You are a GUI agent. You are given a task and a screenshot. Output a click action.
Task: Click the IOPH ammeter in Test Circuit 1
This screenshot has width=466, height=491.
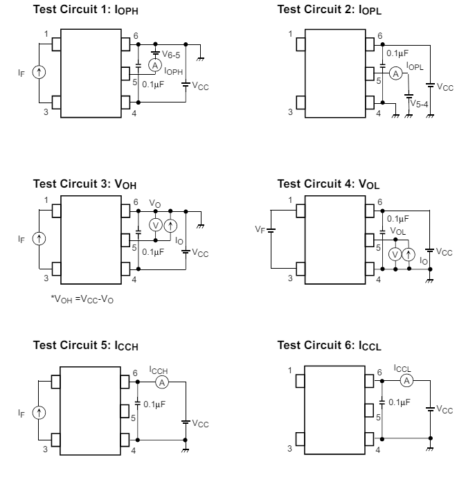(155, 66)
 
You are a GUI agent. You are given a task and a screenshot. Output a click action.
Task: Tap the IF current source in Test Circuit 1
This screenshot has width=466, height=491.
(39, 72)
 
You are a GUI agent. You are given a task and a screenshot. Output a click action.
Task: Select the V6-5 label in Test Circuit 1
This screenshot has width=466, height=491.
(171, 55)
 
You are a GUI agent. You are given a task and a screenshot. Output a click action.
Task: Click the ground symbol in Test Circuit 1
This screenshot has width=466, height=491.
(200, 59)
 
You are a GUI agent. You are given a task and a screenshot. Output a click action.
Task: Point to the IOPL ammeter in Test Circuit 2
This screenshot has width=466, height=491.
(396, 73)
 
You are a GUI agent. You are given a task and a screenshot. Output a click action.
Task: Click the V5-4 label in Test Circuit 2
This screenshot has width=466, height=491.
(419, 104)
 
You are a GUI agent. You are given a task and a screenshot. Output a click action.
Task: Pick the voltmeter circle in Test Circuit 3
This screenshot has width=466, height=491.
(155, 225)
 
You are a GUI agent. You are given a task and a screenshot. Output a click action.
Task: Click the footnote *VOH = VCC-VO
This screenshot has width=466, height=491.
(82, 299)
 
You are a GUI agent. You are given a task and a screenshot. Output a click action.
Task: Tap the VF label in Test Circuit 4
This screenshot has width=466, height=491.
(260, 229)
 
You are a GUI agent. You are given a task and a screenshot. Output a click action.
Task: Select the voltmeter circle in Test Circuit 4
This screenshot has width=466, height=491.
(395, 254)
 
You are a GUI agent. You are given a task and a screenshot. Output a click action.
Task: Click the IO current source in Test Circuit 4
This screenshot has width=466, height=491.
(409, 254)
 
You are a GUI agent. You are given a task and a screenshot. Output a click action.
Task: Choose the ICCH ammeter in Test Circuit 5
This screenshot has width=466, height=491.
(162, 382)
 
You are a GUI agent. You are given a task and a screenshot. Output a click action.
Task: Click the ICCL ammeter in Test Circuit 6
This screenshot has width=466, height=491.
(406, 381)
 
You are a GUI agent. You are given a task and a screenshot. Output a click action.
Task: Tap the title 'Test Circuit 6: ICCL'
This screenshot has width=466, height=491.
(329, 346)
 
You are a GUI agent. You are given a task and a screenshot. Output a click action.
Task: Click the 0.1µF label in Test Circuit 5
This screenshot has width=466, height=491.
(154, 404)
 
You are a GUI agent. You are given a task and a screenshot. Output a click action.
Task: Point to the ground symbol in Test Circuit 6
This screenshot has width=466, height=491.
(430, 449)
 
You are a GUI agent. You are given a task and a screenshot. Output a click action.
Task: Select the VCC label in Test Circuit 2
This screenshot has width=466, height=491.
(445, 87)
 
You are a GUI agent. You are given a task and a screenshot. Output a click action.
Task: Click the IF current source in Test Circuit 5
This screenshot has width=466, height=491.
(39, 413)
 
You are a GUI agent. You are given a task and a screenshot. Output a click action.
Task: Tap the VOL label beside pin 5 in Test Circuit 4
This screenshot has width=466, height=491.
(397, 231)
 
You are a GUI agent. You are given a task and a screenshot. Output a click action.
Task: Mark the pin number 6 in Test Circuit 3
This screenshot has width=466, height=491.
(136, 202)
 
